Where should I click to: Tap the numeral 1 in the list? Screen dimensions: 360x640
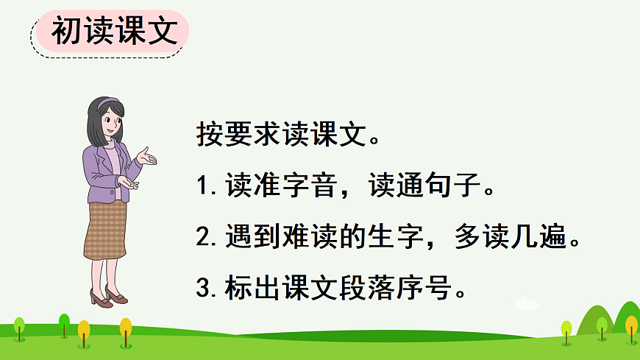tap(204, 187)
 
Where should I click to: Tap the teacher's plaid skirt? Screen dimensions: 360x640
tap(105, 227)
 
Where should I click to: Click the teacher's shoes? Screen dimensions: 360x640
tap(107, 297)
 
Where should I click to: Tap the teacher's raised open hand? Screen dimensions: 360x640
tap(147, 156)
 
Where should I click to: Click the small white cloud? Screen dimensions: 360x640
tap(527, 303)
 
